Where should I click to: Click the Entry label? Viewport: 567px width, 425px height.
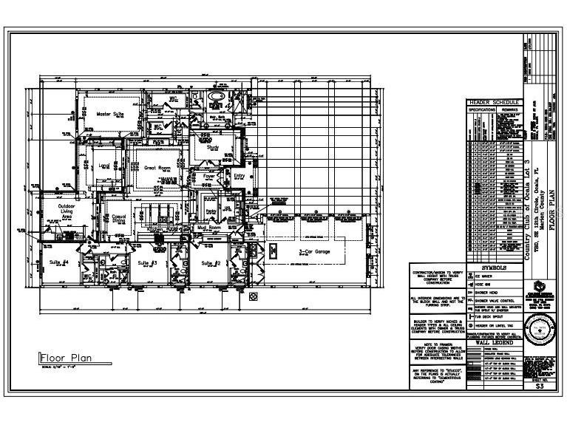(x=239, y=176)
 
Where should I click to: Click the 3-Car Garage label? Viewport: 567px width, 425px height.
(x=314, y=252)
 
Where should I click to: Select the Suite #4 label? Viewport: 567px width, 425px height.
(x=59, y=262)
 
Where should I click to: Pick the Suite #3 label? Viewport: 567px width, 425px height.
(x=148, y=262)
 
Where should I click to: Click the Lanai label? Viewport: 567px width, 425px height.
(x=103, y=166)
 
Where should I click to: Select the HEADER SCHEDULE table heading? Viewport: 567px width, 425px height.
(x=494, y=103)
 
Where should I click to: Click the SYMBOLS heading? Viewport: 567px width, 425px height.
(x=494, y=267)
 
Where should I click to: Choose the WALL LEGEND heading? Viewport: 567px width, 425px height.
(x=494, y=343)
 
